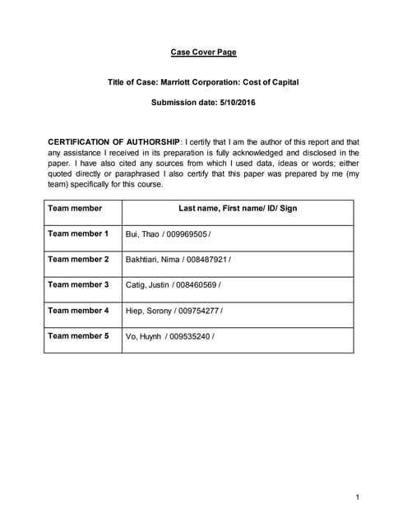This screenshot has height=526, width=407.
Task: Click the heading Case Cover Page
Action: point(203,53)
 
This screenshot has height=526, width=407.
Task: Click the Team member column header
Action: point(75,209)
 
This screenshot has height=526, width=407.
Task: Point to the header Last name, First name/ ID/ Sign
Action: point(238,209)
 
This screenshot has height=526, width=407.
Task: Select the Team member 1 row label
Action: point(78,234)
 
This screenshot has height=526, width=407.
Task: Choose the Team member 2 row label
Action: point(78,260)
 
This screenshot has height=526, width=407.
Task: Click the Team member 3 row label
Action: point(78,285)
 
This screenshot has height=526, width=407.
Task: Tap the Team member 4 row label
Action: point(78,311)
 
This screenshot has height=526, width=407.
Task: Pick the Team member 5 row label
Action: point(78,336)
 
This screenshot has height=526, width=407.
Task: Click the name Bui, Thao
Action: point(143,235)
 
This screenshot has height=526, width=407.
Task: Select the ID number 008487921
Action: point(202,261)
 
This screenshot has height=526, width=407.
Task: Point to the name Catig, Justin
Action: point(147,286)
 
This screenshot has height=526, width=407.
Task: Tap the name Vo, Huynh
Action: point(143,337)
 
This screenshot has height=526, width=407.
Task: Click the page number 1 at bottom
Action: point(358,497)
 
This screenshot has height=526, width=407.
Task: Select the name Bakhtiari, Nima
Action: point(152,261)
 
